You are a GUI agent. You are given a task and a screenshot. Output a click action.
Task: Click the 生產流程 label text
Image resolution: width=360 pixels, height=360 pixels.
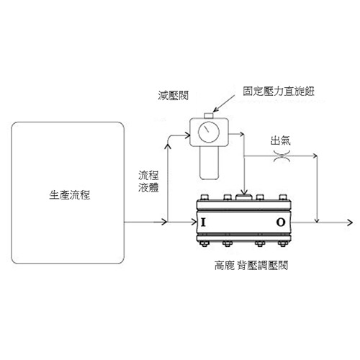70,195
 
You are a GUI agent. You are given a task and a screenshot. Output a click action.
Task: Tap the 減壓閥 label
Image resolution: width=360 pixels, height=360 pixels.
173,96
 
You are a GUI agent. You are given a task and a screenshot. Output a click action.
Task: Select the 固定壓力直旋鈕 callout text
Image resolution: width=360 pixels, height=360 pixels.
279,91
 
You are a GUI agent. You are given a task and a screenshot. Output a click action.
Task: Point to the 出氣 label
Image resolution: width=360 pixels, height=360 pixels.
281,140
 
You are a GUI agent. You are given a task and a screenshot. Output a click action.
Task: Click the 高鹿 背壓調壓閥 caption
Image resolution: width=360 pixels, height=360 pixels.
251,266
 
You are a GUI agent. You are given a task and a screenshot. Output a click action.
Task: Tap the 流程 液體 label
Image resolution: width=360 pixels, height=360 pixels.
148,181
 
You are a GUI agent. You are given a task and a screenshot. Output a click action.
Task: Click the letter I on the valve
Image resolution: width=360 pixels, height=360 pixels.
203,222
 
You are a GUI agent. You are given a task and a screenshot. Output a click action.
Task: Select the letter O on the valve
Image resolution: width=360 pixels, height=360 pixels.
281,222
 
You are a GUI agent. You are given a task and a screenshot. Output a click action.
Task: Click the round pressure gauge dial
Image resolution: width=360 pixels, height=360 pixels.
209,132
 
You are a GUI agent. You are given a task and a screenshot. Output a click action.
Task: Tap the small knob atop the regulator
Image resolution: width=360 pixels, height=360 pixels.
209,115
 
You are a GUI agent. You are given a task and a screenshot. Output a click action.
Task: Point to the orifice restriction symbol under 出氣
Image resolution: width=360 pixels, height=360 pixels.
282,156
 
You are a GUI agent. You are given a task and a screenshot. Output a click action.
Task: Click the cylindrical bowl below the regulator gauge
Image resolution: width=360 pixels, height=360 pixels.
209,163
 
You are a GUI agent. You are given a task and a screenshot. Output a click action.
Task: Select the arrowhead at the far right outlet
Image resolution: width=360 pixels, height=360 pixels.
350,222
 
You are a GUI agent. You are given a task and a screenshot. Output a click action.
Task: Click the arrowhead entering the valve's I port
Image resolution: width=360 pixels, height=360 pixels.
194,222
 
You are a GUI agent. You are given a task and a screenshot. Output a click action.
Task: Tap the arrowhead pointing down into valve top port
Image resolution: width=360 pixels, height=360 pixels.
244,192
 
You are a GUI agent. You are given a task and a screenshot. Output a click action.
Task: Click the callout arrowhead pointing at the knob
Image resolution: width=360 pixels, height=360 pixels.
216,109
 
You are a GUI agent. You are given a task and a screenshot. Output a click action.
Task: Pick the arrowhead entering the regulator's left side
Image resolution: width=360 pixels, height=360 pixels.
187,135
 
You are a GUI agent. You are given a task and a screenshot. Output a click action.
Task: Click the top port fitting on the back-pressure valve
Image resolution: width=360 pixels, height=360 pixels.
244,197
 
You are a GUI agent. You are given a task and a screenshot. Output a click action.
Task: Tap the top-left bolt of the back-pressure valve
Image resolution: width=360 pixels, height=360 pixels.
204,197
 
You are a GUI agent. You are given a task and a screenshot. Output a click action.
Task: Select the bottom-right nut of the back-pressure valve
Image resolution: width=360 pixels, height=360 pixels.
283,243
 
